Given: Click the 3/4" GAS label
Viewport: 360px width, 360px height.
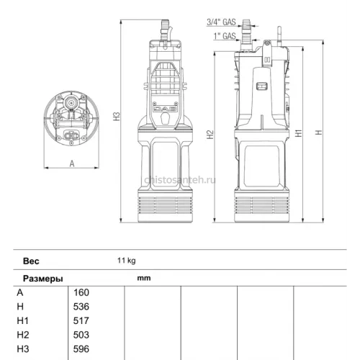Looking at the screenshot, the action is [x=221, y=22].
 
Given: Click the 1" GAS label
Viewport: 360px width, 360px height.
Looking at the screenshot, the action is [x=225, y=36].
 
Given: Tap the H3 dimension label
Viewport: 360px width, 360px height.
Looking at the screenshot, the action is [x=117, y=117].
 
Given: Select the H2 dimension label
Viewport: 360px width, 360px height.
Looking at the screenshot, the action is [x=210, y=135].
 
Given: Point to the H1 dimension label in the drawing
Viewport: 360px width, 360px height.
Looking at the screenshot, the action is [x=299, y=133].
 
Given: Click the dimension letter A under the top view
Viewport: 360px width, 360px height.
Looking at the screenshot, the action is [x=72, y=163].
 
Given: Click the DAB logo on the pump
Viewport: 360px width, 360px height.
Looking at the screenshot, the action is [x=165, y=109].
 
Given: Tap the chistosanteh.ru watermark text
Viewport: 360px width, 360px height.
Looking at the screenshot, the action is [x=180, y=180].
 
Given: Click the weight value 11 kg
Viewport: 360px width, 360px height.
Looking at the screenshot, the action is [x=127, y=261].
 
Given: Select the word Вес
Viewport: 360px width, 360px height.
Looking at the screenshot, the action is [x=31, y=261].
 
